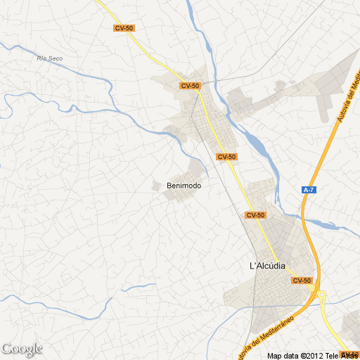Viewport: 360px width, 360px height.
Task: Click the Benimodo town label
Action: [x=184, y=186]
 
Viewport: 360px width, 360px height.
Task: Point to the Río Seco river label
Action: [x=51, y=58]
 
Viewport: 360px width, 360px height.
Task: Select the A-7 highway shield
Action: [x=308, y=190]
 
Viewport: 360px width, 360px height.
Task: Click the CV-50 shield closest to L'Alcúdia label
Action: [x=302, y=281]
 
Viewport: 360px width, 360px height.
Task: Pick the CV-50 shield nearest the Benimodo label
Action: [x=226, y=157]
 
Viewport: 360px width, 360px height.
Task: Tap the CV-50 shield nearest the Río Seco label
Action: [x=124, y=28]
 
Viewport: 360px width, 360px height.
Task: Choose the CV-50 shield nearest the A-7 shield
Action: [x=255, y=214]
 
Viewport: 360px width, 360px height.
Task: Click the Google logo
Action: [x=22, y=349]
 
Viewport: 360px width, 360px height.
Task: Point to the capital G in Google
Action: [x=7, y=349]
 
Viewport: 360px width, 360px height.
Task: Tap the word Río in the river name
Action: [x=41, y=58]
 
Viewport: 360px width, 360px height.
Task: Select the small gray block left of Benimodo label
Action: [x=156, y=185]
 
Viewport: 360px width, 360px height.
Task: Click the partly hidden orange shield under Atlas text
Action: [x=349, y=354]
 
